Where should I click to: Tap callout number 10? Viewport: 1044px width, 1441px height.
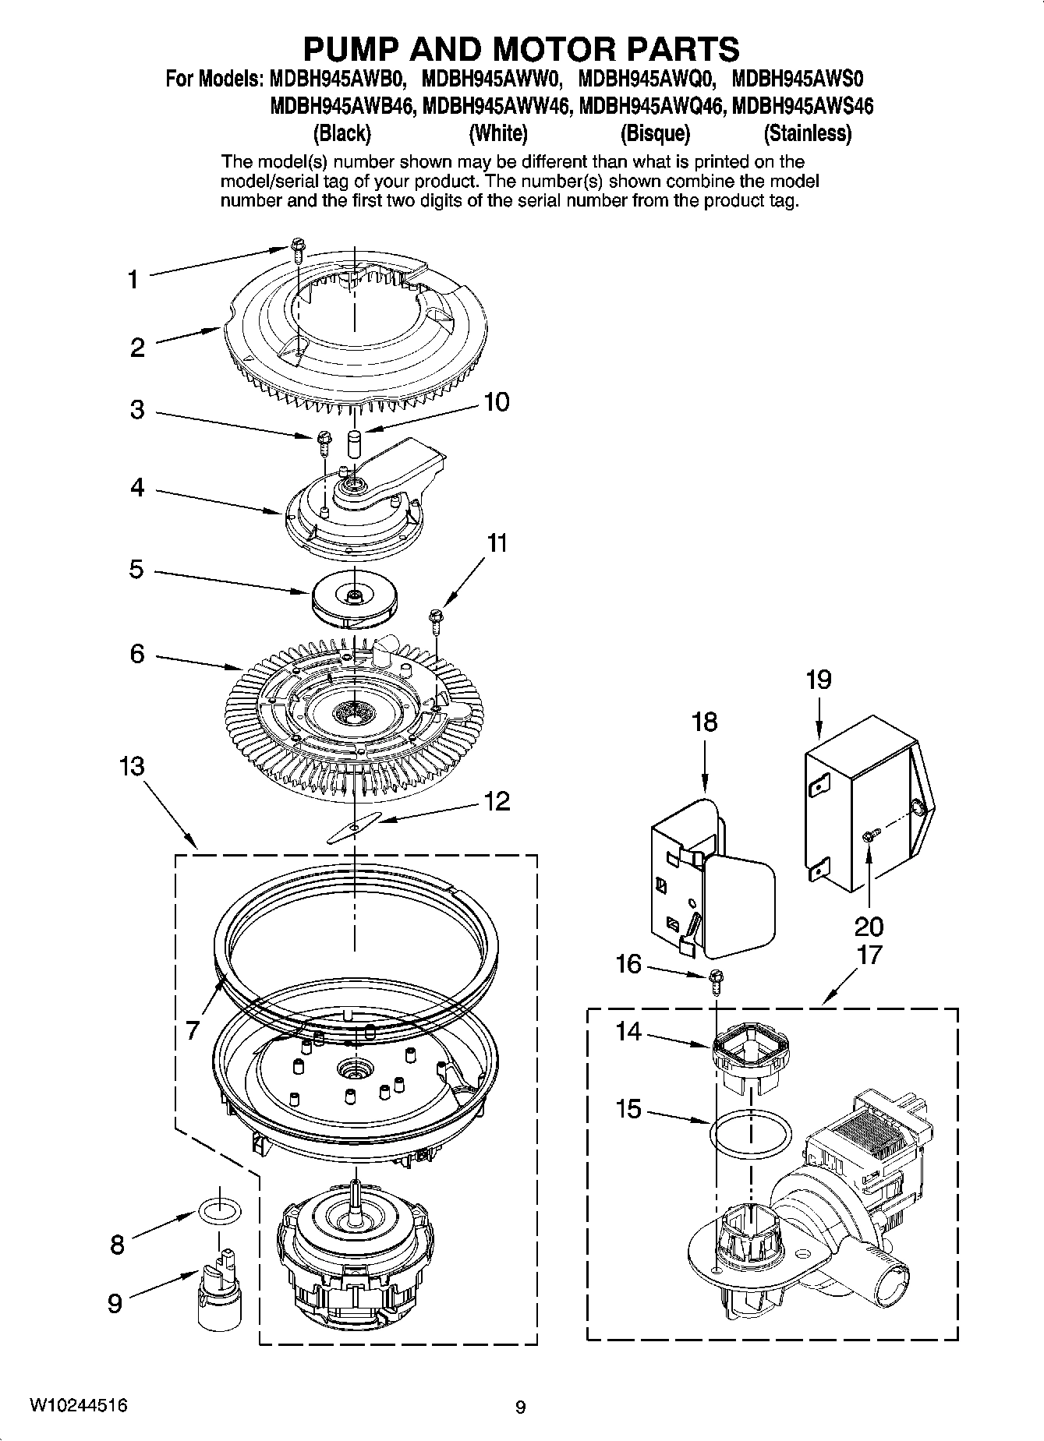point(496,402)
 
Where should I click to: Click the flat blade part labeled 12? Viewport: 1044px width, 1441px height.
point(354,825)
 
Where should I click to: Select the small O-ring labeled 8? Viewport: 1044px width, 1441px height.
point(220,1210)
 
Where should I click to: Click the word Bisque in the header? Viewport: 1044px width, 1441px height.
point(655,134)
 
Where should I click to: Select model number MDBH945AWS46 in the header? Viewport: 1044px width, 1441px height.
point(804,105)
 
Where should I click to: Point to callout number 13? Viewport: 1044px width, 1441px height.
point(132,766)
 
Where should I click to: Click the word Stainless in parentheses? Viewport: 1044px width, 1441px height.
point(807,134)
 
